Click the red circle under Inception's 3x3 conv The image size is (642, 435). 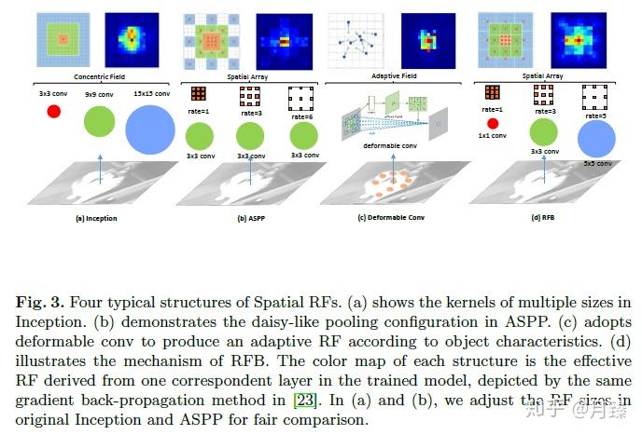[54, 111]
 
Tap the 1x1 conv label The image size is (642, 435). [494, 136]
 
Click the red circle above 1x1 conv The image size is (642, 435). [493, 123]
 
